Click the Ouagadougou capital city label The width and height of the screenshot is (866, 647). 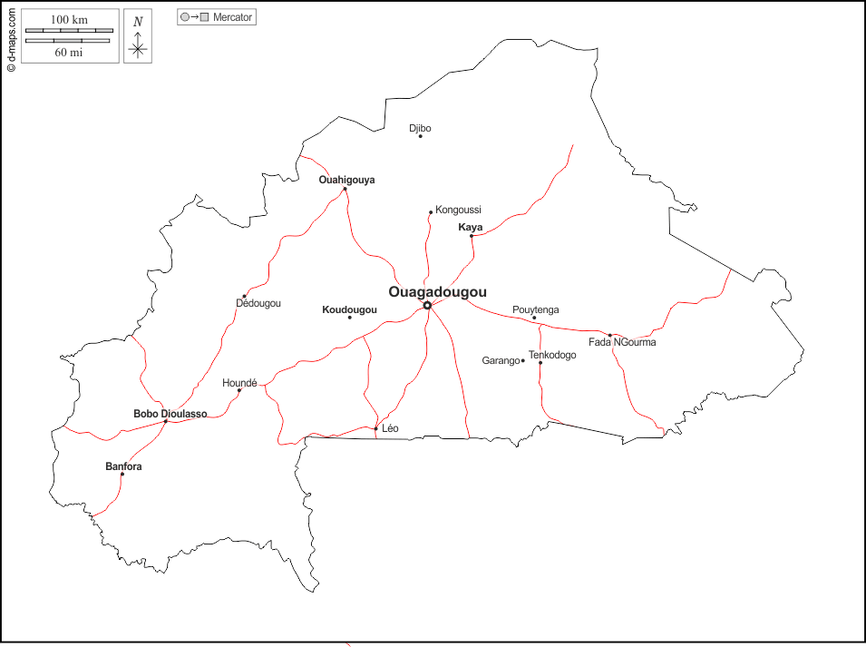click(437, 292)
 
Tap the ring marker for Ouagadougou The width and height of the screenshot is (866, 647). click(427, 305)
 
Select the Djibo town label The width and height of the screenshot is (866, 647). click(420, 128)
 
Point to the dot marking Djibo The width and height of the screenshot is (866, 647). click(420, 136)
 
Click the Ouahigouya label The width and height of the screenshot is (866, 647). click(346, 180)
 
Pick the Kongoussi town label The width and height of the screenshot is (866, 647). click(458, 210)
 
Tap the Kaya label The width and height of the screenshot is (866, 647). click(471, 227)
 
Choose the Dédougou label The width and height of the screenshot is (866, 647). click(258, 303)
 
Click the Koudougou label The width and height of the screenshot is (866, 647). click(349, 309)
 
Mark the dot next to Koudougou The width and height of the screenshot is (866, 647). click(349, 317)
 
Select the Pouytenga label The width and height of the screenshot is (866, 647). click(536, 309)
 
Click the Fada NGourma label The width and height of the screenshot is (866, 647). click(622, 342)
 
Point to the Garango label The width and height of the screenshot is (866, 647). click(501, 360)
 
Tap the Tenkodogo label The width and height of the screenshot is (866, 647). click(552, 355)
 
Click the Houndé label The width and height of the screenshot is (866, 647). click(239, 383)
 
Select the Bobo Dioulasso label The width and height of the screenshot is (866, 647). click(170, 414)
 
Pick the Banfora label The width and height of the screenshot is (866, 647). click(123, 466)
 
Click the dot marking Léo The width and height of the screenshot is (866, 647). click(375, 428)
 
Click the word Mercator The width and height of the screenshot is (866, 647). click(232, 17)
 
